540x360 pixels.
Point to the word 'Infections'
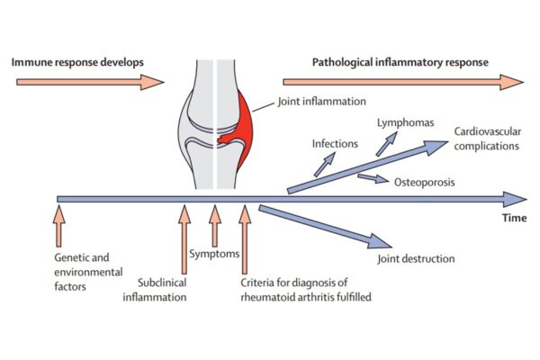(x=336, y=142)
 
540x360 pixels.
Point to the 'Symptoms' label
(x=216, y=254)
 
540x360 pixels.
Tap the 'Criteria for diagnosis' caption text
(x=305, y=291)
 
